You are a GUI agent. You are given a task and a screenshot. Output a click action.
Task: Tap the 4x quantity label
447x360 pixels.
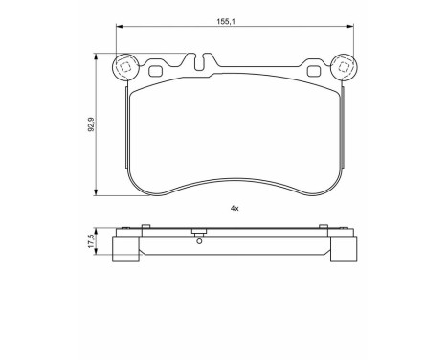pos(234,207)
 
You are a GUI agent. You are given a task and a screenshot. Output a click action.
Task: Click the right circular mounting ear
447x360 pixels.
pos(344,68)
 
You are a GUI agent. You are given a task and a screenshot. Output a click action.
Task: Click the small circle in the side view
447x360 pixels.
pos(199,241)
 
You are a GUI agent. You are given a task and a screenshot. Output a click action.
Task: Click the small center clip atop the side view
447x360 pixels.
pos(199,233)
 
